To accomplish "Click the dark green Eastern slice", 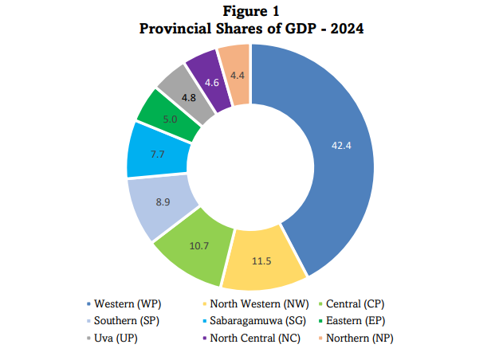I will coord(170,117).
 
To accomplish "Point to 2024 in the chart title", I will coord(347,29).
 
